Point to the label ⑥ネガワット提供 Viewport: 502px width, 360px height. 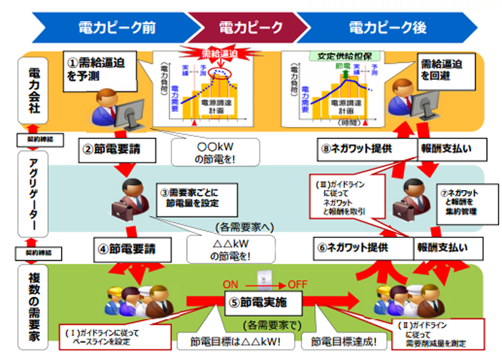352,248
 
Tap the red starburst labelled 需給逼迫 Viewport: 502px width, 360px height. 219,55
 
